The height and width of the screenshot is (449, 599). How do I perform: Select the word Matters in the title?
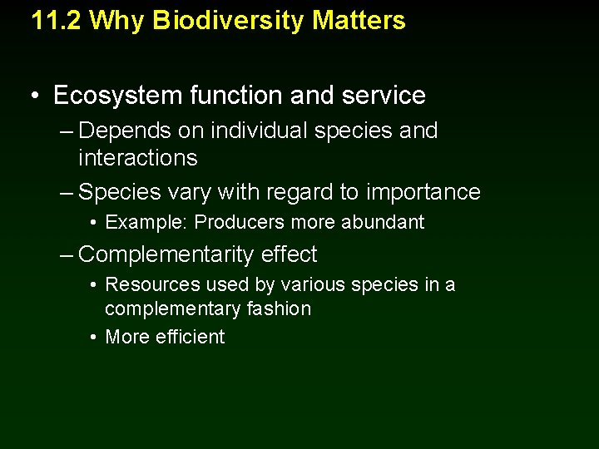359,20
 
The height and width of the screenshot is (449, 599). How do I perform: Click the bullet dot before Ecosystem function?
32,96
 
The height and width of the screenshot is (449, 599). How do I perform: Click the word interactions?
137,158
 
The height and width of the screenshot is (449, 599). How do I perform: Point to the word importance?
423,192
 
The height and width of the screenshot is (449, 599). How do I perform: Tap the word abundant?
384,223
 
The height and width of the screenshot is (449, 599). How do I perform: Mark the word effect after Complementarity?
290,254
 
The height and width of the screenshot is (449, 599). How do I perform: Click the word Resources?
153,285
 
